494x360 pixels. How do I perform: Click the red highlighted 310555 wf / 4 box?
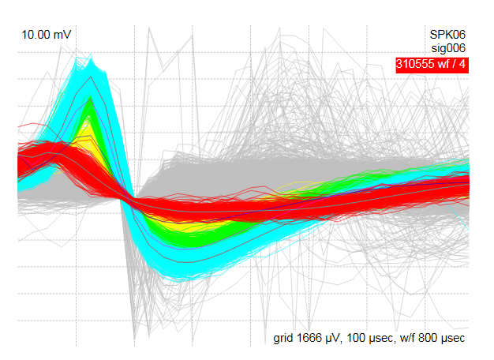pyautogui.click(x=432, y=66)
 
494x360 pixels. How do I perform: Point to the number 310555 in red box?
pyautogui.click(x=418, y=66)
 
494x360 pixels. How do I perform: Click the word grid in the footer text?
pyautogui.click(x=285, y=338)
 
